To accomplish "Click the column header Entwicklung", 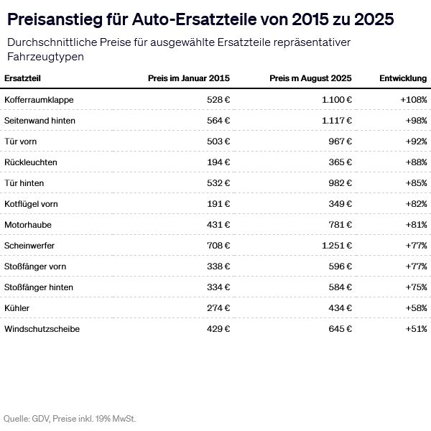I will (x=403, y=78).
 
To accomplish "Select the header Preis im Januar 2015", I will (x=188, y=78).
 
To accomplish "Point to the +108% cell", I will (x=413, y=99).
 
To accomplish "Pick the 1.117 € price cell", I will (x=336, y=120).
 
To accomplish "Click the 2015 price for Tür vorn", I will (x=218, y=141).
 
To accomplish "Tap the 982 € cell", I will (x=340, y=183).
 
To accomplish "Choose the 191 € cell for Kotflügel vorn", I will (x=218, y=204).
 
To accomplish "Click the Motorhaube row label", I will (x=28, y=225).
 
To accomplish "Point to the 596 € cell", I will (x=340, y=267).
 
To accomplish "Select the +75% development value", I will (x=415, y=287).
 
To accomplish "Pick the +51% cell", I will (x=415, y=329).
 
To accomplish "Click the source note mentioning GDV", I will (x=70, y=417).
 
